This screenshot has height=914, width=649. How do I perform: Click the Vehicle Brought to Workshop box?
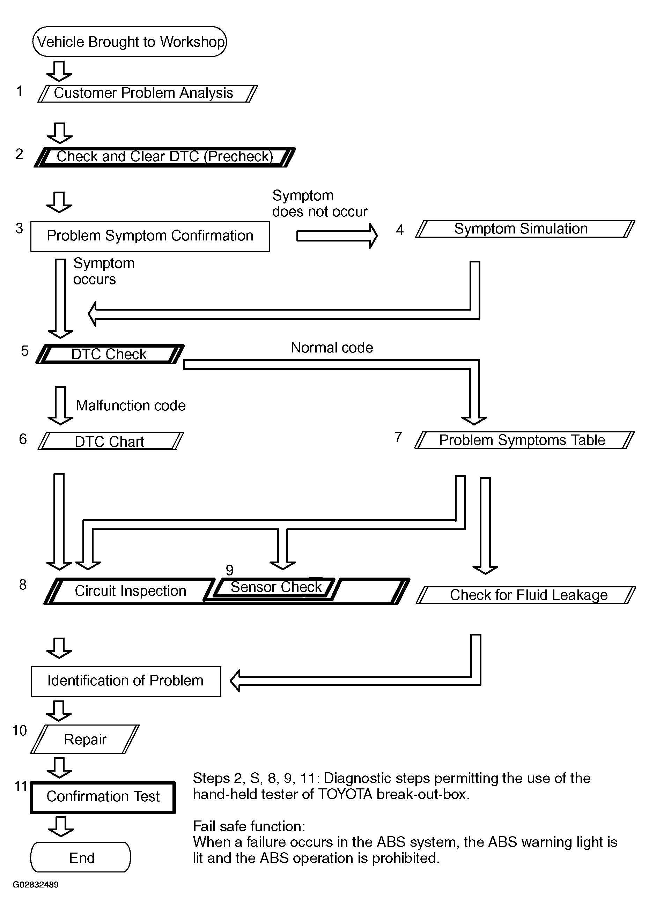coord(130,42)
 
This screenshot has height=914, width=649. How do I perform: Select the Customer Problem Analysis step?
coord(147,94)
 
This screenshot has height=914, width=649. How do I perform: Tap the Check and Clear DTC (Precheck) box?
coord(165,157)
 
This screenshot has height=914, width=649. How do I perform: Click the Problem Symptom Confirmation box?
coord(150,236)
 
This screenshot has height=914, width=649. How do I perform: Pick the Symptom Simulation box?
coord(525,229)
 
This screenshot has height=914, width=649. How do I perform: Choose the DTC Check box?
coord(110,354)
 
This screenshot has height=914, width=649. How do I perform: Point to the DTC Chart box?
coord(110,441)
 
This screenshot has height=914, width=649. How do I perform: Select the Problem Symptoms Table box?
coord(524,440)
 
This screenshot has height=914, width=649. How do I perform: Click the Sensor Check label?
coord(276,587)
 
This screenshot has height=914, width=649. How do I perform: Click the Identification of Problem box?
coord(126,681)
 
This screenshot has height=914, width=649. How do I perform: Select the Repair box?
coord(85,739)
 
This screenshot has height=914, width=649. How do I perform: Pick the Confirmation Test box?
coord(103,797)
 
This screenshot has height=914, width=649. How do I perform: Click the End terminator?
coord(81,857)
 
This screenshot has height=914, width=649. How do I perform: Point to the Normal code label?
coord(332,348)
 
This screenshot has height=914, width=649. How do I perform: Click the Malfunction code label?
coord(131,406)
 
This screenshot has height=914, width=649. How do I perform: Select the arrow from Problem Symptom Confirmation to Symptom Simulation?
coord(337,236)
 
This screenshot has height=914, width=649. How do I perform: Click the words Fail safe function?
coord(249,826)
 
